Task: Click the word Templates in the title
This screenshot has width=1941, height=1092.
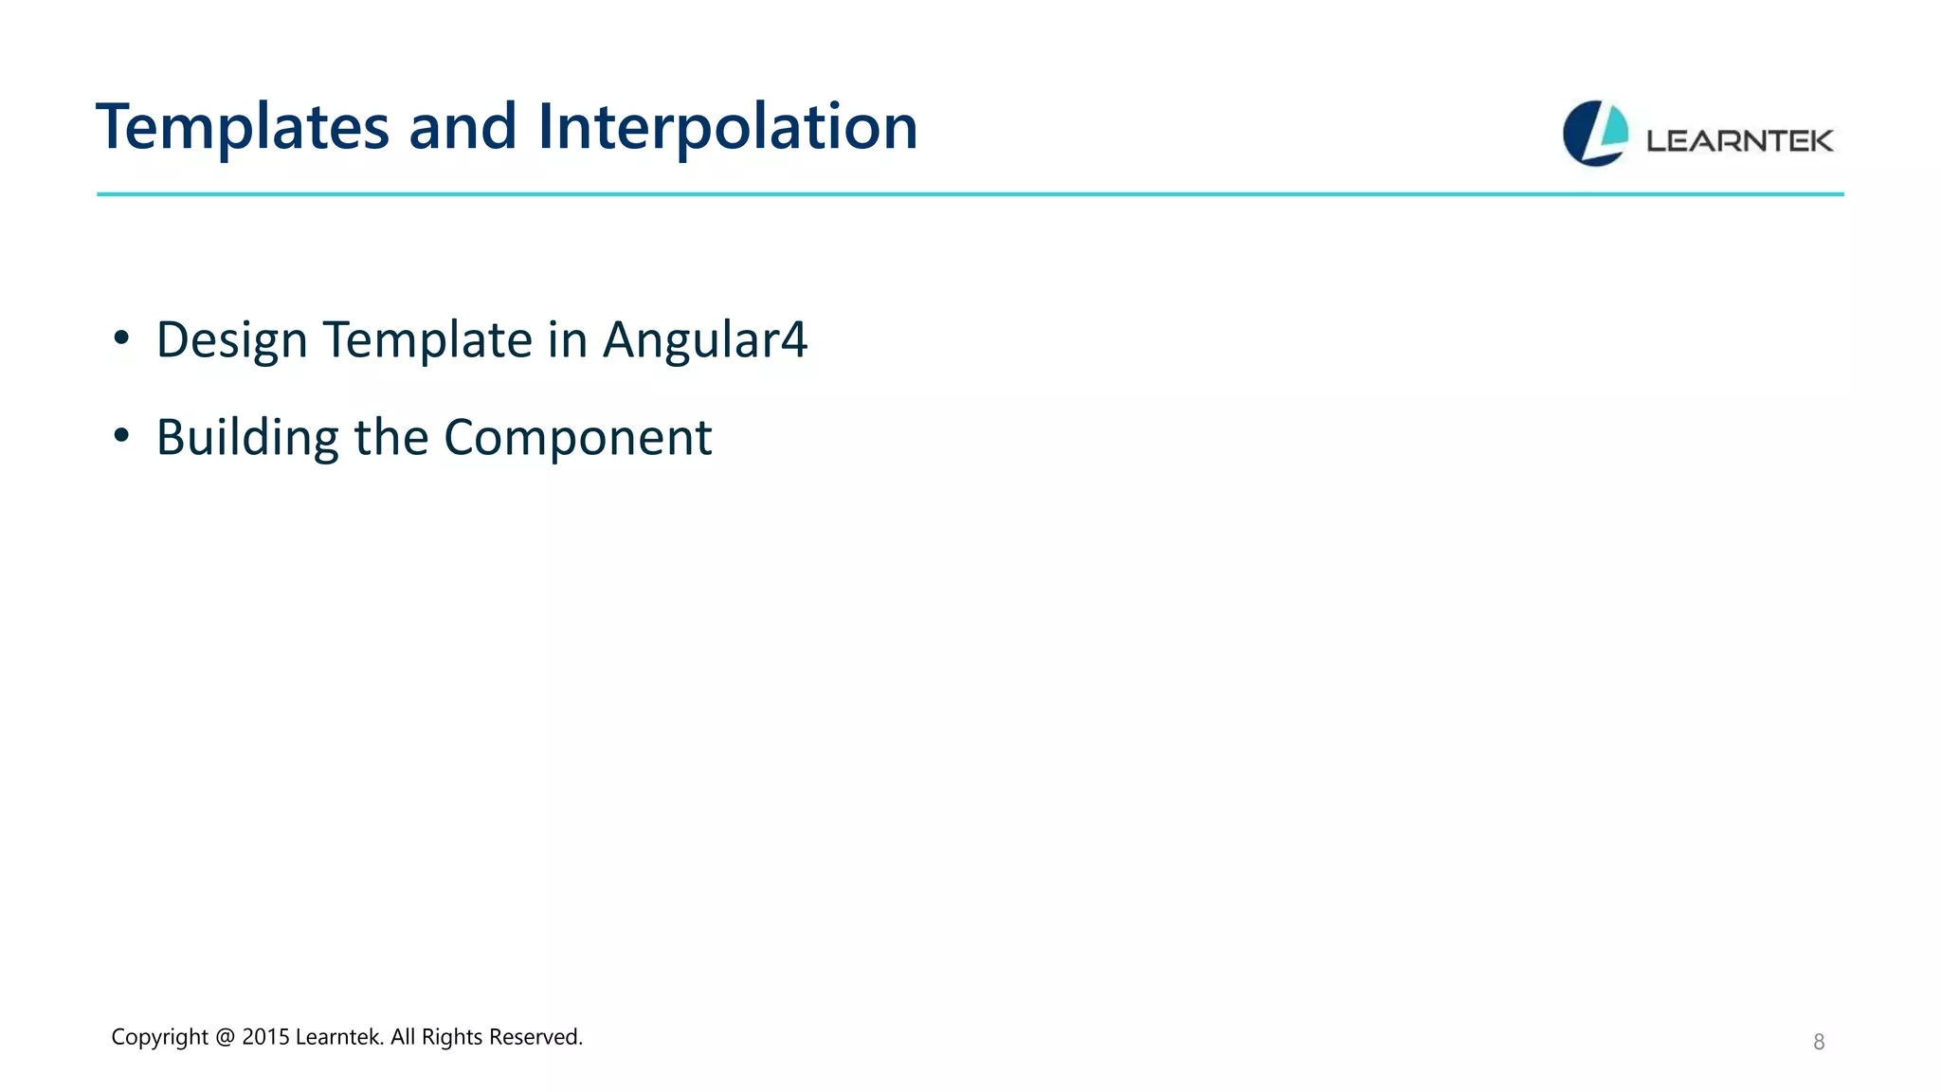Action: point(243,128)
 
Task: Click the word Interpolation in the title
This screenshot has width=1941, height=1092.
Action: point(727,128)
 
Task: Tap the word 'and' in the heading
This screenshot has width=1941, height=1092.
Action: point(463,128)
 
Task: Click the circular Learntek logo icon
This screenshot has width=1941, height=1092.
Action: point(1595,134)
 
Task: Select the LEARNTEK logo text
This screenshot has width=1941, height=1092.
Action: point(1739,141)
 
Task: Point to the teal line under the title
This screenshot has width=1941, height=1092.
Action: point(970,194)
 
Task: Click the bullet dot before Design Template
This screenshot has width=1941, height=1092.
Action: point(120,338)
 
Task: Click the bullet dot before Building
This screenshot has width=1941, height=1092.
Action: point(120,436)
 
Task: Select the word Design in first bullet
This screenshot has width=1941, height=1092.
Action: point(232,340)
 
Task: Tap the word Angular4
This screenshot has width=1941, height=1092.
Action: point(704,340)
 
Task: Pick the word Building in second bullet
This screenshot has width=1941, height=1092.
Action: point(247,438)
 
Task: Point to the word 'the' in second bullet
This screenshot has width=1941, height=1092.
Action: point(391,438)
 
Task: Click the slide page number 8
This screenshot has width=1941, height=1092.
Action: point(1818,1043)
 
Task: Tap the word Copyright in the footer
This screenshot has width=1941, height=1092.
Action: point(159,1038)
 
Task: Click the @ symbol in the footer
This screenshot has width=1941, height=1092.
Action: point(225,1038)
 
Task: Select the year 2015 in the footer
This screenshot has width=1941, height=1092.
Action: point(265,1038)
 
